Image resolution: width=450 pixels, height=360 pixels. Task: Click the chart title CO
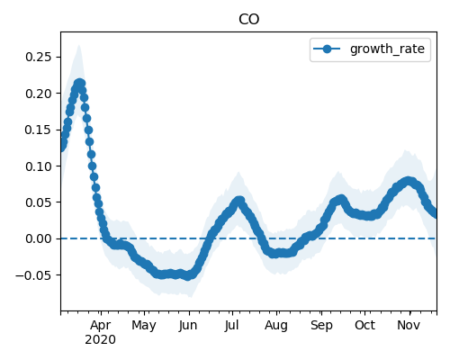pyautogui.click(x=248, y=20)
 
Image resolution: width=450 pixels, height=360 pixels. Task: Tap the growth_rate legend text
pyautogui.click(x=387, y=49)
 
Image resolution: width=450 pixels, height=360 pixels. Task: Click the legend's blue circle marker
pyautogui.click(x=327, y=49)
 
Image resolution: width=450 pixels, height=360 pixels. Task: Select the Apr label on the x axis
pyautogui.click(x=101, y=325)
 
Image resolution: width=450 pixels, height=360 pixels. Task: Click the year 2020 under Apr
pyautogui.click(x=100, y=340)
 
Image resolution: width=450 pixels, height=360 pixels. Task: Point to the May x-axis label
pyautogui.click(x=144, y=326)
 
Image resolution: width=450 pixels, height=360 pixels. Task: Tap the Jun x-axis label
pyautogui.click(x=188, y=326)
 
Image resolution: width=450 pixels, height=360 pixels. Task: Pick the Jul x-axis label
pyautogui.click(x=231, y=326)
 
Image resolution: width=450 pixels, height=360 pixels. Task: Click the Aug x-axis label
pyautogui.click(x=276, y=326)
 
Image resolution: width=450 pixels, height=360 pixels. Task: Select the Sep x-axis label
pyautogui.click(x=321, y=326)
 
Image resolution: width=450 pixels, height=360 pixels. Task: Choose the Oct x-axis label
pyautogui.click(x=364, y=325)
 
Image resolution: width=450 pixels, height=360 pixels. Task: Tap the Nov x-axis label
pyautogui.click(x=409, y=325)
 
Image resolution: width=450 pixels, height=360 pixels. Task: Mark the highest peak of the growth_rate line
pyautogui.click(x=79, y=84)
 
